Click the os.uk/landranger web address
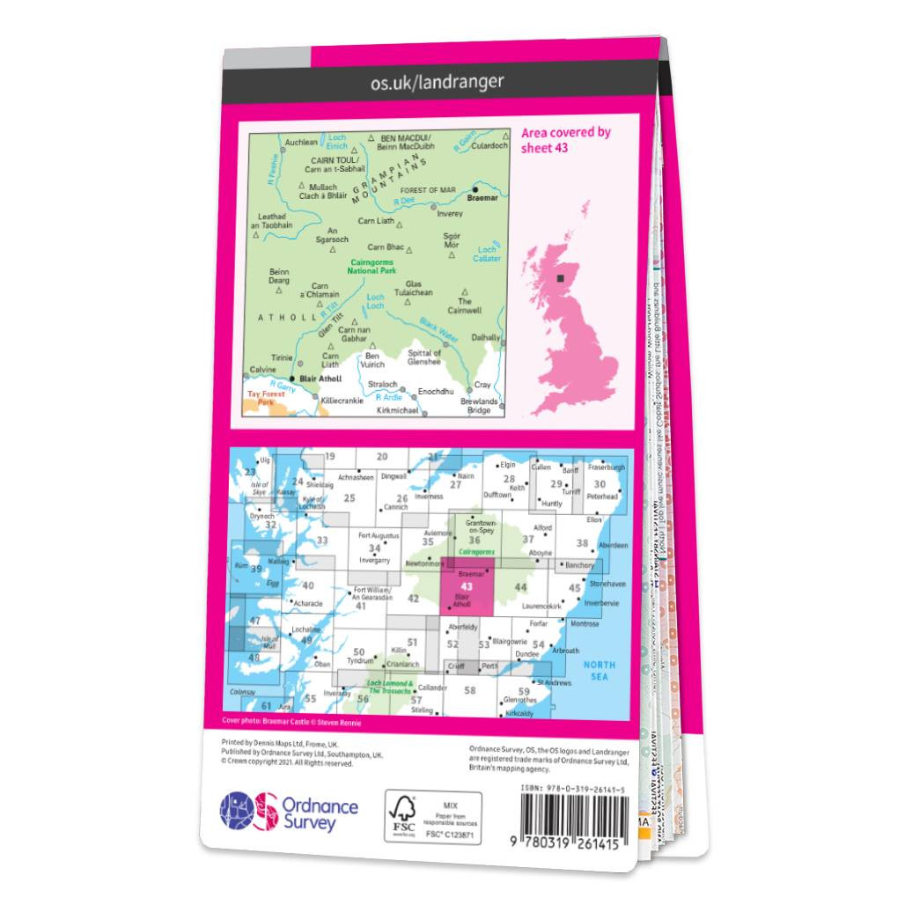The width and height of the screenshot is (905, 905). tap(438, 82)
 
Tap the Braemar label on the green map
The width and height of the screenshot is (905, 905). tap(483, 198)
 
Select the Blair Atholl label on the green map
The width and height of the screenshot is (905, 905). tap(320, 379)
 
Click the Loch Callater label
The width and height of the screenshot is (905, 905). tap(487, 254)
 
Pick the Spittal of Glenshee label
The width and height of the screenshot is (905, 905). tap(424, 357)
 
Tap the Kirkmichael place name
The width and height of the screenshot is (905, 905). tap(398, 410)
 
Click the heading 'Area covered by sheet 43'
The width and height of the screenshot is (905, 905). tap(565, 140)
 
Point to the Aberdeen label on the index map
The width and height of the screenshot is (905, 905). tap(613, 546)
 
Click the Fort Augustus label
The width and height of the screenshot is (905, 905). tap(379, 535)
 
